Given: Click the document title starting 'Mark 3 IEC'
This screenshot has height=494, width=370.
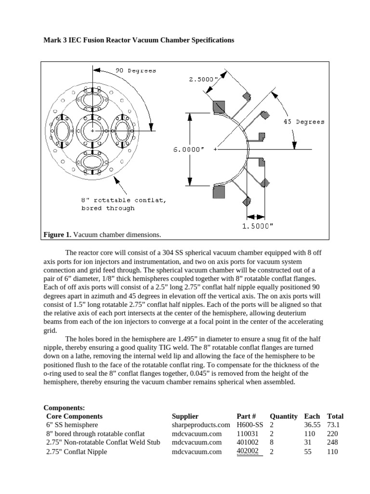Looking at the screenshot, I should pos(139,41).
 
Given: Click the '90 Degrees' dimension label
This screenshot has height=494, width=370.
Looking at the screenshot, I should pos(135,70).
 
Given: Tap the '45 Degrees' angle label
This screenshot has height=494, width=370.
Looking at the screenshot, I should pos(303,122).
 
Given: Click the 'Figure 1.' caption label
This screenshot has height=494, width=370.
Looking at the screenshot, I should pos(57,234).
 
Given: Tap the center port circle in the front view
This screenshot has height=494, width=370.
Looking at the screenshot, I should pos(91,131).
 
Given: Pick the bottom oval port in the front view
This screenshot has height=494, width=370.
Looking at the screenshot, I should pos(91,161).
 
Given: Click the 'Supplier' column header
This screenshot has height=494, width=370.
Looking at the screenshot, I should pos(185,416).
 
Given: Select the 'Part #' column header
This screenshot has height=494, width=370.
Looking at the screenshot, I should pos(246,416).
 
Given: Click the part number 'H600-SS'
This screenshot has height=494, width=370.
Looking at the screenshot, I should pos(250,425).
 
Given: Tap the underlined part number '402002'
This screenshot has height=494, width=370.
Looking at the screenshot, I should pos(248,452).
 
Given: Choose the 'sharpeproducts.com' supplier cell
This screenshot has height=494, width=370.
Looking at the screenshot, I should pos(201,425).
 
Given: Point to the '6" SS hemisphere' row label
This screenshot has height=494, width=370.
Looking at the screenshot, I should pos(72,425).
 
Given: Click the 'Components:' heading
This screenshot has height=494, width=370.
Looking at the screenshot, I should pos(64,408).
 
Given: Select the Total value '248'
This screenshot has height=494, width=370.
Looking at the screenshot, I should pos(332,442).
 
